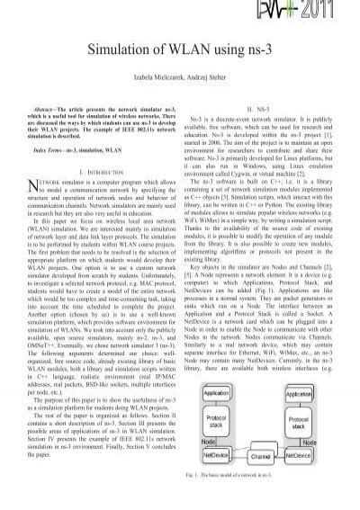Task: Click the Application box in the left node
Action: point(216,393)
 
